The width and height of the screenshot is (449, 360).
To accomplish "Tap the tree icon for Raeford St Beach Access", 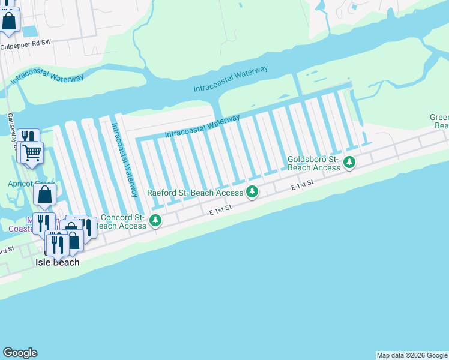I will pos(253,192).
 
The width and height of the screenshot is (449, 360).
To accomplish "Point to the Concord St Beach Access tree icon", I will pos(156,221).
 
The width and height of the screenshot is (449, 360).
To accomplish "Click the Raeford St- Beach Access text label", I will pos(195,193).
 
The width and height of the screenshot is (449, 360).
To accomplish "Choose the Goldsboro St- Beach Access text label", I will pos(314,163).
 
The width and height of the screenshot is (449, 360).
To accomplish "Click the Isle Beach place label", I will pos(58,262).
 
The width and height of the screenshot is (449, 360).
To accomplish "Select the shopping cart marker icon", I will pos(32,151).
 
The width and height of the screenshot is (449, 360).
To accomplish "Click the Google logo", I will pos(20,353).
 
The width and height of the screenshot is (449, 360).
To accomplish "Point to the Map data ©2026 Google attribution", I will pos(412,355).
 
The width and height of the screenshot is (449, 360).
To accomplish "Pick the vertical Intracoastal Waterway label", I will pos(124,160).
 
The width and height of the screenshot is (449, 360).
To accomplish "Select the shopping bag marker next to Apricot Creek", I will pos(45,194).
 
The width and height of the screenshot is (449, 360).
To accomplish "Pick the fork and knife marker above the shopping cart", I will pos(28,138).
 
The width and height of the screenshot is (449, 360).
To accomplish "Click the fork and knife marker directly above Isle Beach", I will pos(57,243).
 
